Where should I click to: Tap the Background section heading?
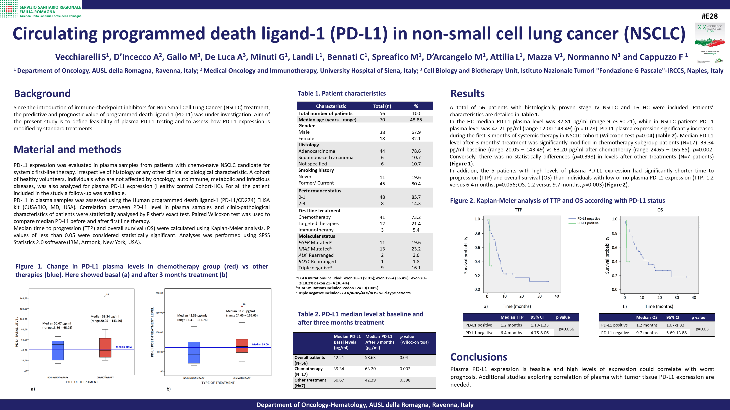[42, 93]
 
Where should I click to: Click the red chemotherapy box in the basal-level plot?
[105, 348]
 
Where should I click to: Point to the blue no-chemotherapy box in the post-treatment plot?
[194, 353]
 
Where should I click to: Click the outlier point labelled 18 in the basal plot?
[105, 296]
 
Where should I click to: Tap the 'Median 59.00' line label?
[260, 344]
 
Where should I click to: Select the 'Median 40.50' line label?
[124, 347]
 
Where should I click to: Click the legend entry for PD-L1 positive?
[588, 223]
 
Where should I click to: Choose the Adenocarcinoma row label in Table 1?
[316, 151]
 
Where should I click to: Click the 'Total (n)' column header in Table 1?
[382, 106]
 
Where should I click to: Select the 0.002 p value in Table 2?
[405, 369]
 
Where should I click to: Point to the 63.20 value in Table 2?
[370, 369]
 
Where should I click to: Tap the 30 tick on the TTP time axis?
[539, 296]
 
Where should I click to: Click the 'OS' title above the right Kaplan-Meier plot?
[660, 210]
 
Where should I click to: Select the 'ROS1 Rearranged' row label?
[317, 261]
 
